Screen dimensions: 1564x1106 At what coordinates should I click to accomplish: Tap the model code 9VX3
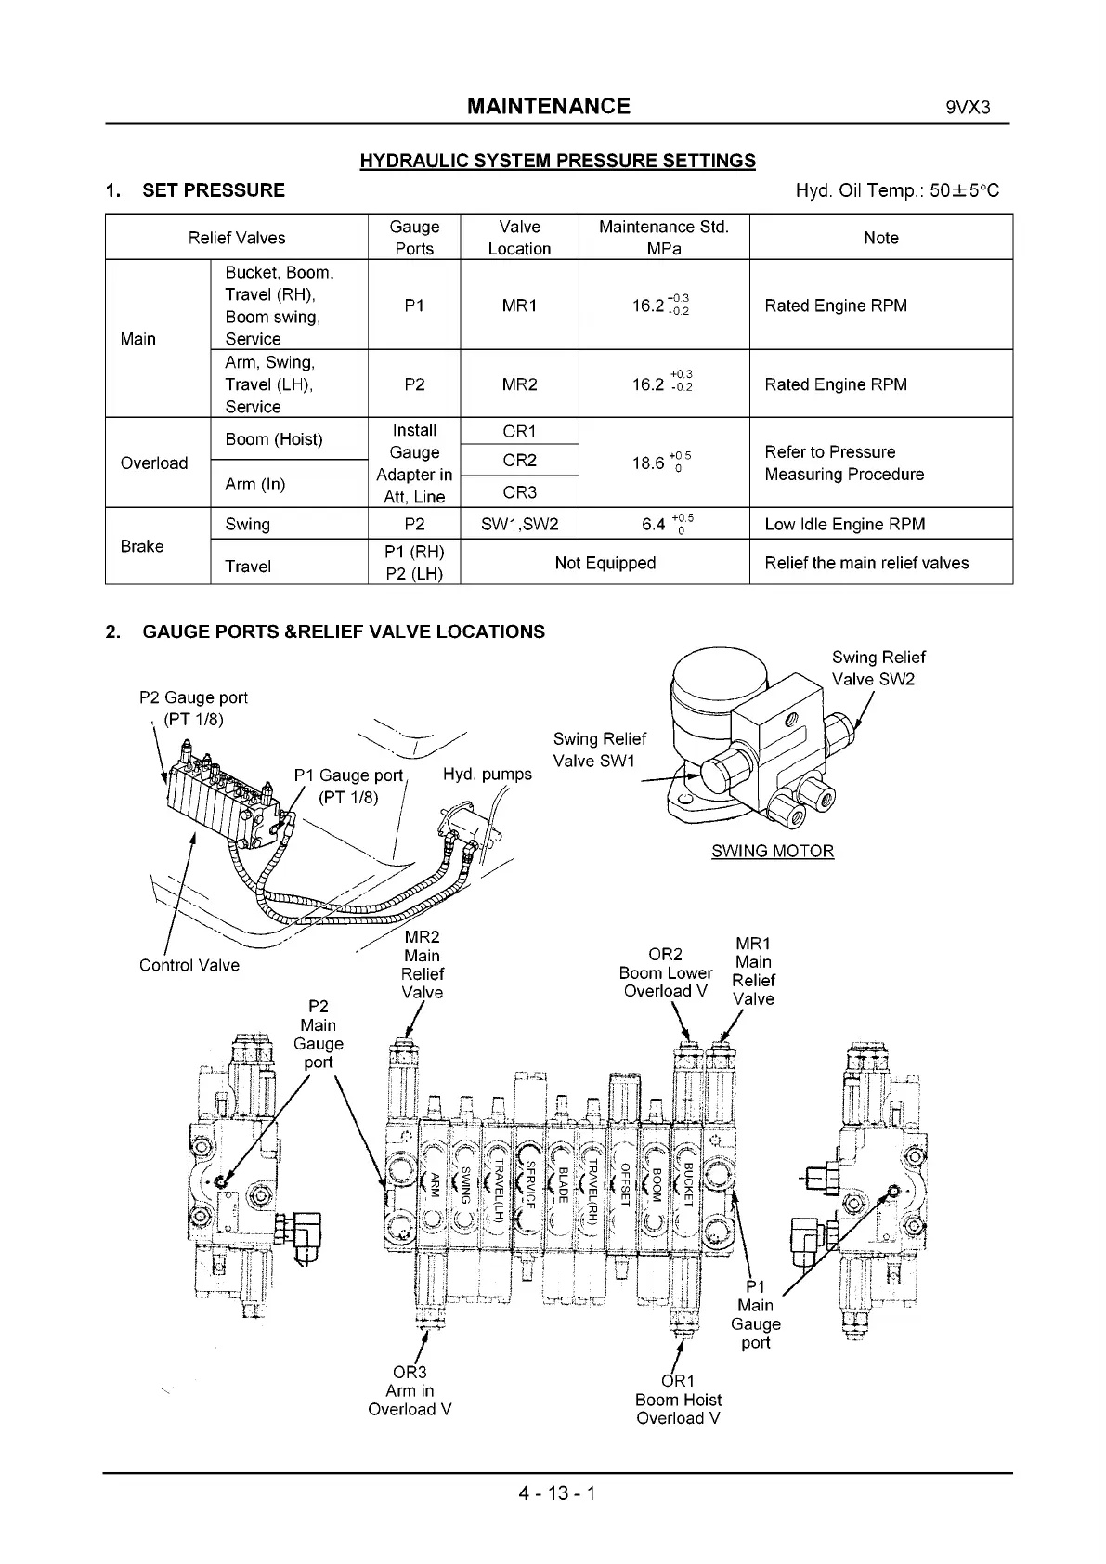point(968,107)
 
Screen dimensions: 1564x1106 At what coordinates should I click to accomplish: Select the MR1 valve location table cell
point(519,306)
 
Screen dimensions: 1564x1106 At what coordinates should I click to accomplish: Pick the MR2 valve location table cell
point(519,384)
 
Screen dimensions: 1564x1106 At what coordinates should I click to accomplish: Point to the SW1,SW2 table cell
point(519,524)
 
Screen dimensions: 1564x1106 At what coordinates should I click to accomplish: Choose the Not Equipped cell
point(605,563)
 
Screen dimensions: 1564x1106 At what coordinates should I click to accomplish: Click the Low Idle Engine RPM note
point(844,524)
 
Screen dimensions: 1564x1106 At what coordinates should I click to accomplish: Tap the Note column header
point(880,238)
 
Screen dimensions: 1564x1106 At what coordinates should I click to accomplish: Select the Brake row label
point(142,546)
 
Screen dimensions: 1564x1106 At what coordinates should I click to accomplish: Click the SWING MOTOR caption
point(773,851)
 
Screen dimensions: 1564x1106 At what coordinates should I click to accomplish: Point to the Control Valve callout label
point(189,965)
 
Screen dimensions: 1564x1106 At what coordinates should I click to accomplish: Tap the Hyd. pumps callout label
point(488,775)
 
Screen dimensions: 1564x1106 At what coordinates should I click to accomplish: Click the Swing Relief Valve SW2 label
point(878,668)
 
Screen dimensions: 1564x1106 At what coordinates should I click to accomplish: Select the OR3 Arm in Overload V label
point(410,1390)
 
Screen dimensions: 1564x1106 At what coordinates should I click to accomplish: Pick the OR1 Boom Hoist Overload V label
point(678,1400)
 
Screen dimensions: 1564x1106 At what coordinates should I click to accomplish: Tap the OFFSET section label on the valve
point(625,1183)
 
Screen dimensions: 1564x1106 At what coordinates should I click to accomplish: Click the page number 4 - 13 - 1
point(557,1494)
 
